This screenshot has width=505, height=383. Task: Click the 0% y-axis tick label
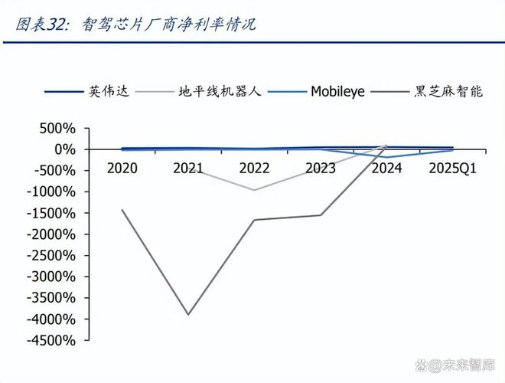click(x=64, y=149)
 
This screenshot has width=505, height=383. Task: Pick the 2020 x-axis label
click(x=122, y=168)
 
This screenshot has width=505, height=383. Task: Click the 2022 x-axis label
click(x=254, y=168)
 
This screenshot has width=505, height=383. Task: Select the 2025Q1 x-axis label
click(x=452, y=168)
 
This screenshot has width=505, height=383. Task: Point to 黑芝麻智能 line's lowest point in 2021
click(x=188, y=314)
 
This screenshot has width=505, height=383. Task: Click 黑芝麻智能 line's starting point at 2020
click(x=122, y=210)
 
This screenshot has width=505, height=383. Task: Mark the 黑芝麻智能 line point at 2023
click(x=320, y=214)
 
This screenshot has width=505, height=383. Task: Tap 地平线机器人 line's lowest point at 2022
click(x=254, y=190)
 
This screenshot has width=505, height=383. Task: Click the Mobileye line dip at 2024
click(x=386, y=157)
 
